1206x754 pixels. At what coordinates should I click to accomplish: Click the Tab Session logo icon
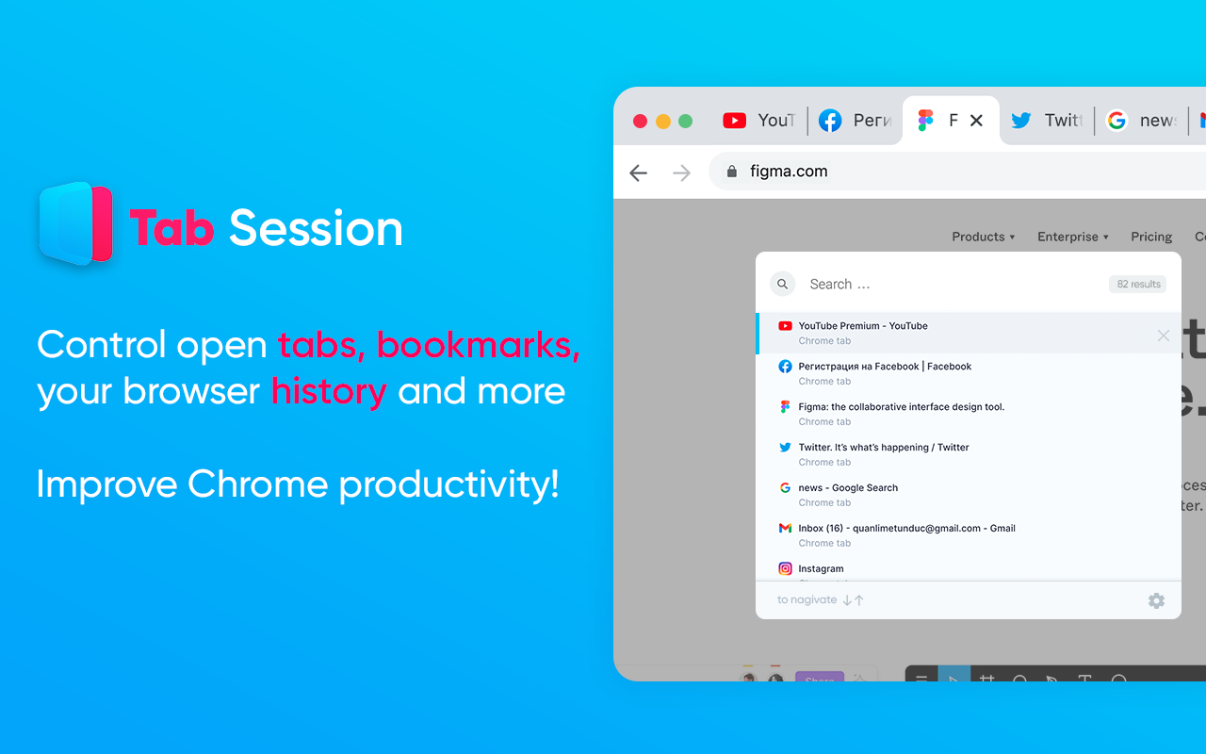76,224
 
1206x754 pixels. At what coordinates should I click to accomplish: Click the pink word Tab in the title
172,228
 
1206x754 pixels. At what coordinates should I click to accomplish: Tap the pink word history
329,391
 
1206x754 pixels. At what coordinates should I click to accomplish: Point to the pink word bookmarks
478,346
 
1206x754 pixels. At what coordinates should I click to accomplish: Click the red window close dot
640,121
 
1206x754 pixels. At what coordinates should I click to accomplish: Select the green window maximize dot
685,121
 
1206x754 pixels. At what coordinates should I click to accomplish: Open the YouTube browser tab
759,121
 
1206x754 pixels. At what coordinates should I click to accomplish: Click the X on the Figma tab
976,121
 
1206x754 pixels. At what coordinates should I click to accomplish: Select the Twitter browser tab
1046,121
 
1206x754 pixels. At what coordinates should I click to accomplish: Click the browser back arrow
639,172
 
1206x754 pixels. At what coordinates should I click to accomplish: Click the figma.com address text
789,172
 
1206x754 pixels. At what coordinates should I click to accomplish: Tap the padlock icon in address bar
731,172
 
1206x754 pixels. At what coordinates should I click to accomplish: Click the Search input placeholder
839,284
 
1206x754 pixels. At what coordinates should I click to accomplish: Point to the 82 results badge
1138,284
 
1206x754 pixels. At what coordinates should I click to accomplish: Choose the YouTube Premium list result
862,326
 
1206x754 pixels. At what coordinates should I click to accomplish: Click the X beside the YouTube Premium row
1163,336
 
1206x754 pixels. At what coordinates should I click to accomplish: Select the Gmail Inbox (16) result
906,529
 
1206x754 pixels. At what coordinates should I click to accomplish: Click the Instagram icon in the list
785,568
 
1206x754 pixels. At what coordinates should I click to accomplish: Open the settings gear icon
1156,600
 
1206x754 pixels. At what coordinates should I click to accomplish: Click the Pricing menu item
1151,237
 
